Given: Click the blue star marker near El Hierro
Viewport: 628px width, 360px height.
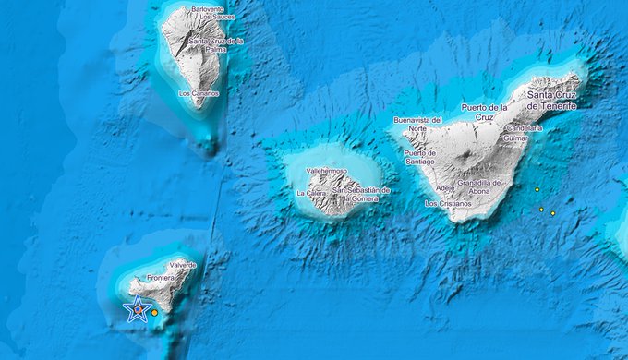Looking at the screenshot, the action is pos(138,309).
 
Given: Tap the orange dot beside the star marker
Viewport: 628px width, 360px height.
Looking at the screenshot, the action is pos(155,313).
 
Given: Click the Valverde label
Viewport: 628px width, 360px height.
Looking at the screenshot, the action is pos(183,265).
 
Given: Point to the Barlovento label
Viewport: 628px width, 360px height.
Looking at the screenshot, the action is pos(209,9).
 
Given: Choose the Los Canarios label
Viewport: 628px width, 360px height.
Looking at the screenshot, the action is pos(199,93).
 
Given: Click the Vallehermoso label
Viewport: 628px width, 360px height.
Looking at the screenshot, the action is pos(326,171).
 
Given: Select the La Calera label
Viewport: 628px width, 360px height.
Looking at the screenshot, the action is pos(312,194).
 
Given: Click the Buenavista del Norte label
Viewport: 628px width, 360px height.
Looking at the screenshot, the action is pos(417,125).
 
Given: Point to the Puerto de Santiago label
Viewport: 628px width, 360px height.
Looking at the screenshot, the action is pos(418,158).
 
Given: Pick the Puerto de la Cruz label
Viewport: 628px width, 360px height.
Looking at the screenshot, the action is pos(474,111).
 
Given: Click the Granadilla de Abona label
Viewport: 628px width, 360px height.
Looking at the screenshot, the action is pos(478,187).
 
